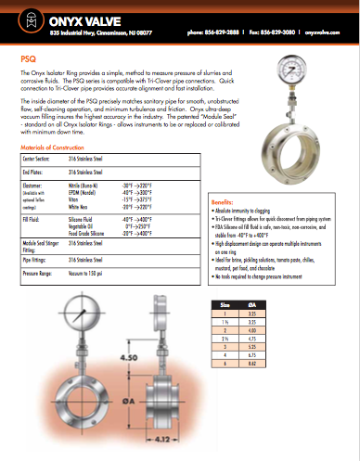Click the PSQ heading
click(30, 57)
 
